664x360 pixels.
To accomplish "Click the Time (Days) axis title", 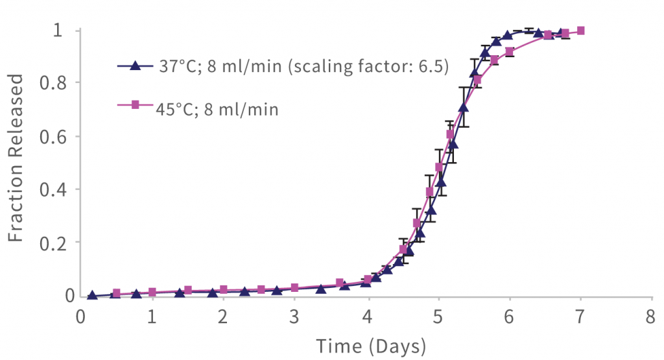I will pos(371,344).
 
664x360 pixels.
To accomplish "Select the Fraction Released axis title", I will pos(17,158).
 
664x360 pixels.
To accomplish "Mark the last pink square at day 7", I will pos(580,30).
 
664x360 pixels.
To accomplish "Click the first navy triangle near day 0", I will pos(92,294).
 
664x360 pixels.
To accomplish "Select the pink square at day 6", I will pos(510,51).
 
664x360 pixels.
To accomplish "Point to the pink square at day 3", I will pos(295,287).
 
